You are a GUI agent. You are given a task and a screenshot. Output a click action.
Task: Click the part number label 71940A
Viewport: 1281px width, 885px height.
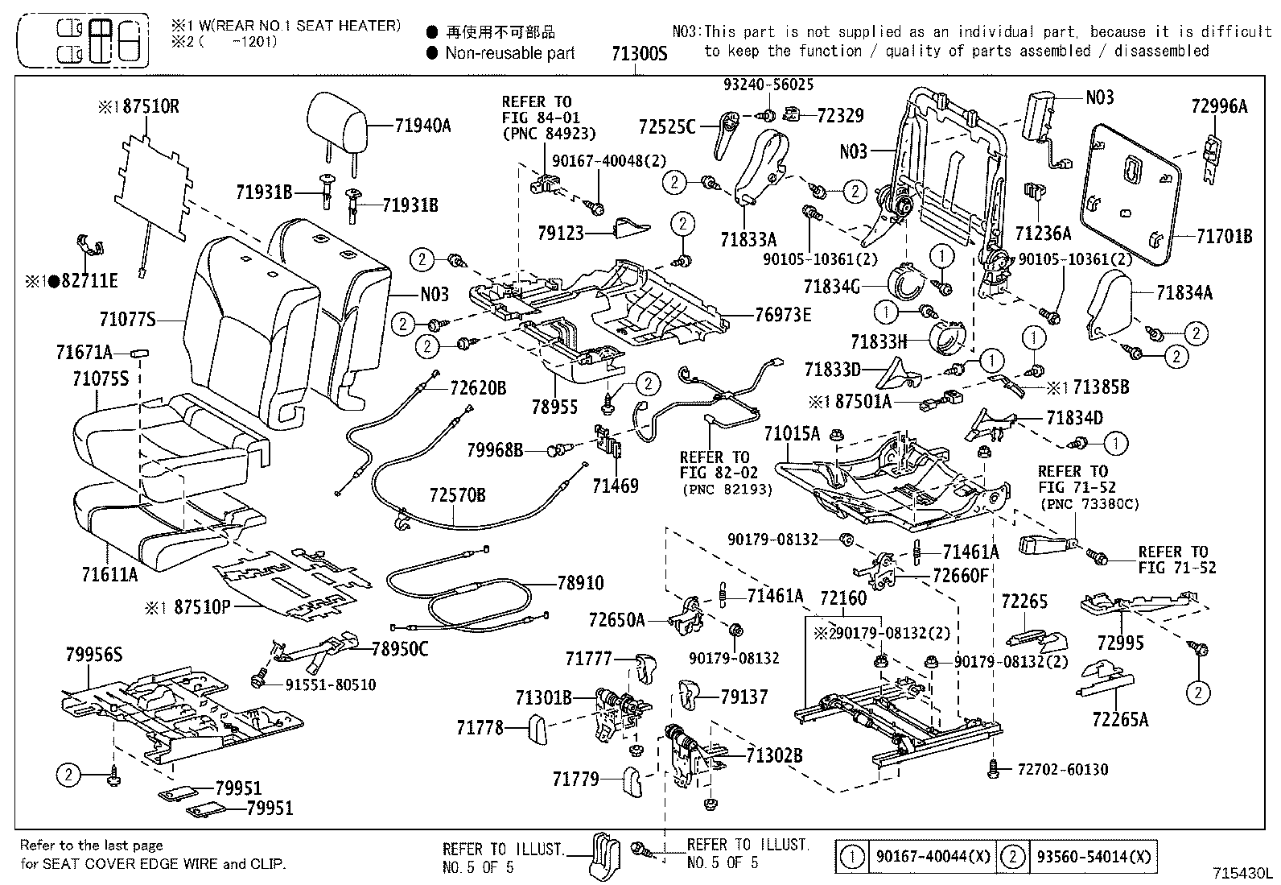tap(422, 126)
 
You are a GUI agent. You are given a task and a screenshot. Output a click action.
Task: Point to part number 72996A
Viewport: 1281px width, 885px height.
tap(1218, 105)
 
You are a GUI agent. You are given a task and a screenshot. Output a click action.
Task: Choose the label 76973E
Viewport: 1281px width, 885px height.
tap(783, 315)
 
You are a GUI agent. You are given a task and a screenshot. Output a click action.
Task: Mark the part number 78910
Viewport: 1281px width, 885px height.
tap(580, 582)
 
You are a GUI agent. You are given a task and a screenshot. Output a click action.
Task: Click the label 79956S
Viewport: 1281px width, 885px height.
tap(93, 655)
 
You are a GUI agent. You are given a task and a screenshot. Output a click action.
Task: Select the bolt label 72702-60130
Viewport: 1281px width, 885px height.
tap(1062, 770)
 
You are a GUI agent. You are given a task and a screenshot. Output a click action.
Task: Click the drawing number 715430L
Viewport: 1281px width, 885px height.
tap(1243, 873)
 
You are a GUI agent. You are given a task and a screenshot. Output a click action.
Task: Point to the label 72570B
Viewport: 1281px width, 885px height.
tap(457, 494)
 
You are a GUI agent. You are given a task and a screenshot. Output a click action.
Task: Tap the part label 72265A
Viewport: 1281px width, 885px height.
tap(1120, 719)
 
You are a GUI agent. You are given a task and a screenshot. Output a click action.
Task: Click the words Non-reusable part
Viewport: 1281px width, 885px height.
tap(510, 53)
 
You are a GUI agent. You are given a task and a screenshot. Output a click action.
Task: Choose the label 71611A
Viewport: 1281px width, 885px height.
tap(109, 574)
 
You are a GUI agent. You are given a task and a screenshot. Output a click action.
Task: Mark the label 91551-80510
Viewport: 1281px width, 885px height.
tap(330, 684)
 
